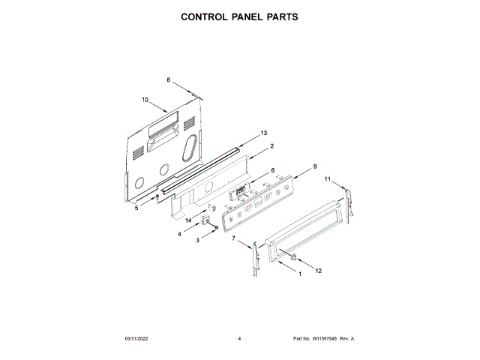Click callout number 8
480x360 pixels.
[169, 80]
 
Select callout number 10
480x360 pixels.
[145, 100]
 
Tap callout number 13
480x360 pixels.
[263, 133]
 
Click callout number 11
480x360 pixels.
[327, 179]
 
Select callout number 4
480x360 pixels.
[179, 235]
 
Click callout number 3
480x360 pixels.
[197, 240]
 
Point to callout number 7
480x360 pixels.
[233, 238]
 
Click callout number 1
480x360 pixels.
[301, 274]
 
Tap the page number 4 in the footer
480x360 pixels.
[239, 339]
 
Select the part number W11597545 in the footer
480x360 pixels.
[323, 339]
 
